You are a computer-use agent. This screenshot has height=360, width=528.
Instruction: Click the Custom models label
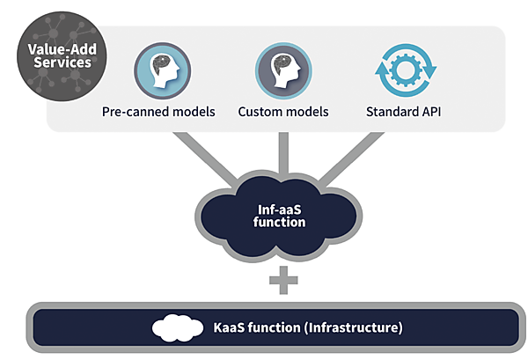tap(283, 113)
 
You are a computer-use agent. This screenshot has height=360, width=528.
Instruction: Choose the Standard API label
tap(404, 113)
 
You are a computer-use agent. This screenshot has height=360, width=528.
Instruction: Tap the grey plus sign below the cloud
tap(283, 281)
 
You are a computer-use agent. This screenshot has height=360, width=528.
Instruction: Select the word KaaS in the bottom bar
tap(231, 328)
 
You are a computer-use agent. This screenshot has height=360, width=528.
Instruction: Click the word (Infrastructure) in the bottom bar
tap(354, 328)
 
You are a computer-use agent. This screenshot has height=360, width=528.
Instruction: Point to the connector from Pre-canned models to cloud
tap(208, 158)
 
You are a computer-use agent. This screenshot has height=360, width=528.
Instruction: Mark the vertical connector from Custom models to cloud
tap(283, 154)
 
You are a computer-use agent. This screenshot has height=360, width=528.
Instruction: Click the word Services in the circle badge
tap(59, 63)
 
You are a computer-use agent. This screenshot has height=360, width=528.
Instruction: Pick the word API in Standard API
tap(430, 113)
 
